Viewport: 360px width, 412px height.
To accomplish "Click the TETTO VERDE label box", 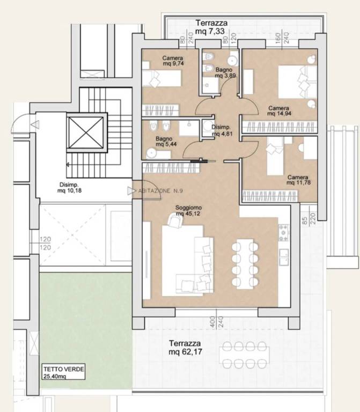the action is pos(64,372).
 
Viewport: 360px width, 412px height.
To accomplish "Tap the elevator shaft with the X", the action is pos(87,133).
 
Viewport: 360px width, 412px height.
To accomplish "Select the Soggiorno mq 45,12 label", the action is pos(188,211).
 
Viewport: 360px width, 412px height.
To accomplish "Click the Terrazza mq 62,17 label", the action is pos(186,348).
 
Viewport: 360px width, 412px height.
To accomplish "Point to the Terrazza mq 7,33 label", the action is pos(210,27).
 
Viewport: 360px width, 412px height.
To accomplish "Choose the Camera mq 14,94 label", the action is pos(279,111).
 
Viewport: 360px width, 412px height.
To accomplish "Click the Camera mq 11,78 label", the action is pos(298,180).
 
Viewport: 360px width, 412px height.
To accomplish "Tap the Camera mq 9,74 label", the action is pos(173,61).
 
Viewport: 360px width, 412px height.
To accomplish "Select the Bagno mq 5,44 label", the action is pos(166,142).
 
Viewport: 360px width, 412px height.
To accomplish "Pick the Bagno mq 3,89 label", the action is pos(225,73).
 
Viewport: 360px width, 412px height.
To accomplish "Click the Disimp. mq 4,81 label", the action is pos(222,130).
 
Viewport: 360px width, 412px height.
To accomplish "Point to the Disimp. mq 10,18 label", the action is pos(69,188).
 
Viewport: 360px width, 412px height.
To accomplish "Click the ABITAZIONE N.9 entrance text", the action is pos(160,191).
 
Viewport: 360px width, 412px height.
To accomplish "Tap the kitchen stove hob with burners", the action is pos(284,232).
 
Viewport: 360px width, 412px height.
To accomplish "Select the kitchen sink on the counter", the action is pos(284,257).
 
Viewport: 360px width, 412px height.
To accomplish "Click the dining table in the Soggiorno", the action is pos(245,264).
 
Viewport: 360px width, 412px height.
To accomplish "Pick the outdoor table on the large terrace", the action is pos(245,355).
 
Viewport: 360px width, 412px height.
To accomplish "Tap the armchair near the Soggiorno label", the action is pos(175,220).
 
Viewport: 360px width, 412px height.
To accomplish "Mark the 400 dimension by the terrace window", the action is pos(212,322).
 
